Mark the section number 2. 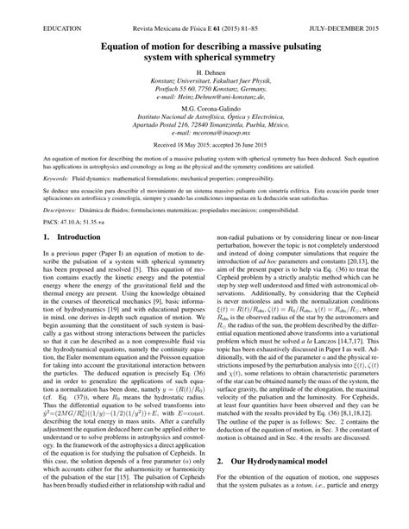pyautogui.click(x=221, y=486)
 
